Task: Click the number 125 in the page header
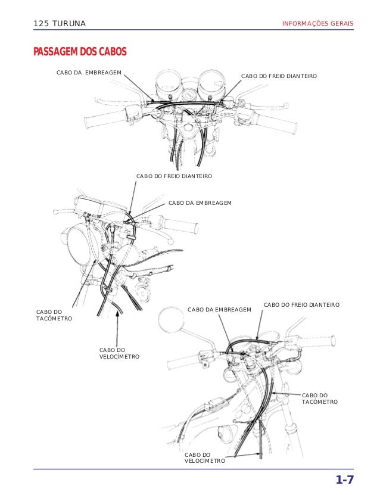[42, 24]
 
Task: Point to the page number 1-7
[344, 480]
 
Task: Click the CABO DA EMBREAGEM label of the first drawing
[89, 73]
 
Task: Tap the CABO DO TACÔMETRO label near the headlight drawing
[54, 315]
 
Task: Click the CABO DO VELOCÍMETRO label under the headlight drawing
[119, 353]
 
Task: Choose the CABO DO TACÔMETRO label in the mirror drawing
[320, 399]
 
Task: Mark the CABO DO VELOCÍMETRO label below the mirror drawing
[204, 457]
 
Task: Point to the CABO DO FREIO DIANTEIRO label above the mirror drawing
[301, 304]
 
